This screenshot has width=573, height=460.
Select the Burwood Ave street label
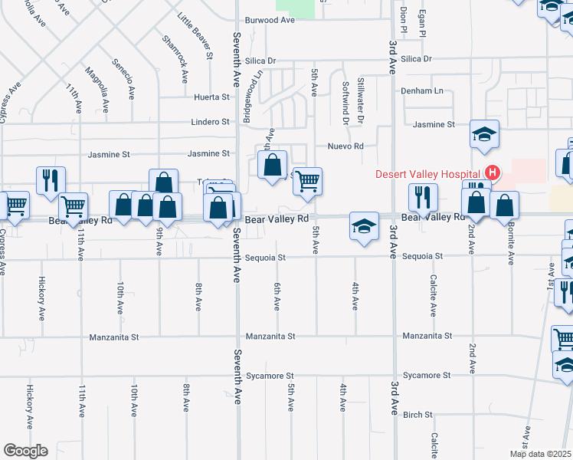270,21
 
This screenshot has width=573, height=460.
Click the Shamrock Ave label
175,58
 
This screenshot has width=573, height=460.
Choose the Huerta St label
212,97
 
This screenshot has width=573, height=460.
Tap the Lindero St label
210,122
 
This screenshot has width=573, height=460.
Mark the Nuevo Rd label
345,146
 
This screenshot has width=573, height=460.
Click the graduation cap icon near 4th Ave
365,225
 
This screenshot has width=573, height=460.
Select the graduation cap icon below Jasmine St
484,134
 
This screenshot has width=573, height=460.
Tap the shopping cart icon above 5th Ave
307,182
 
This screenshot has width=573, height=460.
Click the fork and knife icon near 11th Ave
51,181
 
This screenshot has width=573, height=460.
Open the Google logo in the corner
25,450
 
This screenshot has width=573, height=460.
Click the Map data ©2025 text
539,453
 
